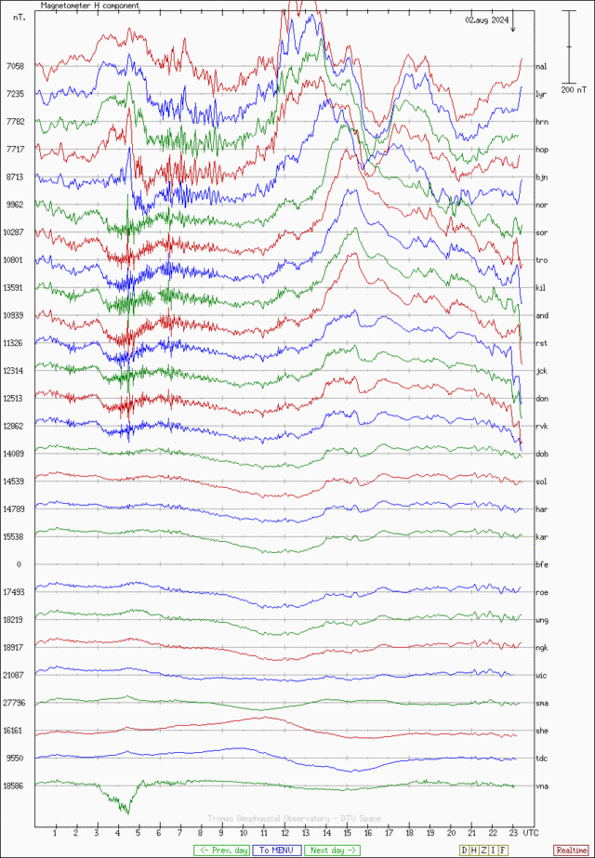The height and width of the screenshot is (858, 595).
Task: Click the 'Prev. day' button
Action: (x=221, y=850)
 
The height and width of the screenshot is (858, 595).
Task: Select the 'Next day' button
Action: (x=332, y=850)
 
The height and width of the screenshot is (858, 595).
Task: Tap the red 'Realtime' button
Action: (x=571, y=850)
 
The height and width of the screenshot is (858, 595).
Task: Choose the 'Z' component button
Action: (x=484, y=850)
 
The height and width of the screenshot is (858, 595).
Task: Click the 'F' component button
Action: (x=504, y=850)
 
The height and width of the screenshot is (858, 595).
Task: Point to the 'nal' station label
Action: (x=540, y=67)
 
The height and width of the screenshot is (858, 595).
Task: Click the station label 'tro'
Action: (x=540, y=260)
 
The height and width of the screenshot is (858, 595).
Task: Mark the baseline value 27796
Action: (x=13, y=703)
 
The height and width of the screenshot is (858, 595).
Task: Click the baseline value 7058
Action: (x=15, y=67)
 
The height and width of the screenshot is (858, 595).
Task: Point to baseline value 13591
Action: (x=13, y=288)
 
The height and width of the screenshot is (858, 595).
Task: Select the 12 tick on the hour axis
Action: (x=285, y=832)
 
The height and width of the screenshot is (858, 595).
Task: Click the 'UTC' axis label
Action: (x=530, y=832)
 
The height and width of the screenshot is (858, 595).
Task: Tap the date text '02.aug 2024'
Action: (x=486, y=20)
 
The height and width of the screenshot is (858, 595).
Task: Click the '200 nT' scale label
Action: (x=575, y=90)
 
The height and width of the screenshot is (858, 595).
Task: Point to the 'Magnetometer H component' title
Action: (x=90, y=6)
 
